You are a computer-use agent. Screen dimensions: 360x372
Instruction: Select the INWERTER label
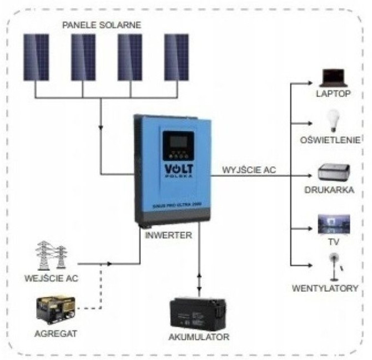click(x=168, y=235)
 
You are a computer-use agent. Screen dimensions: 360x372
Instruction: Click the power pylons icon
click(x=51, y=255)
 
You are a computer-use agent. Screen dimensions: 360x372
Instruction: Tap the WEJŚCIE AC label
click(x=52, y=278)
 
